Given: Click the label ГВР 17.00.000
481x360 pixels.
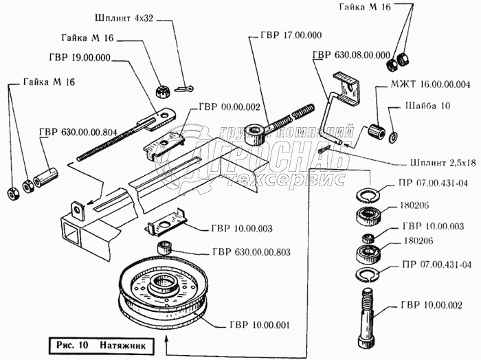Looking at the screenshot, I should click(x=290, y=35).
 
